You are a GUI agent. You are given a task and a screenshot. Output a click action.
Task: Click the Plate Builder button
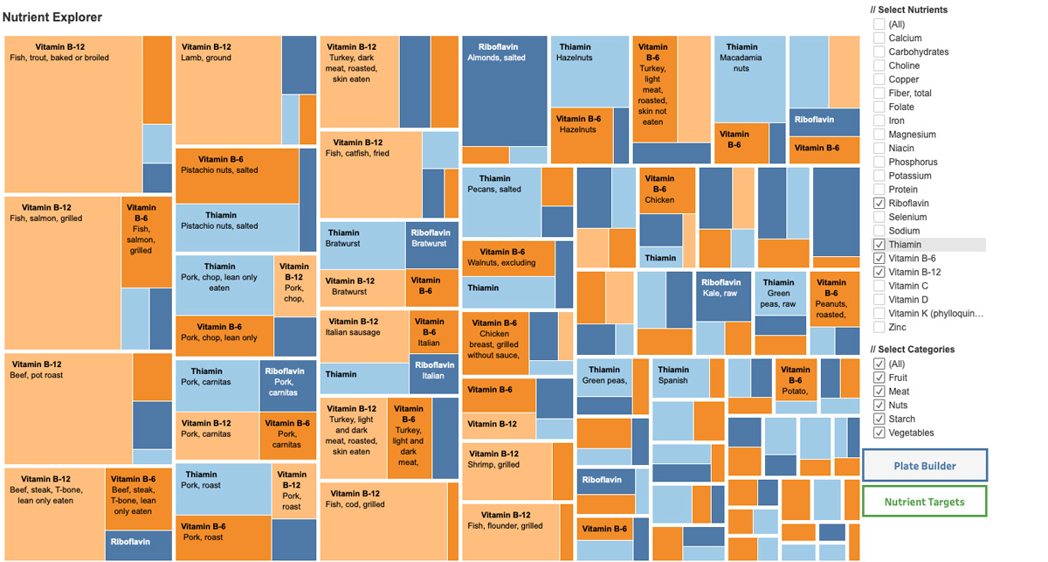pos(925,466)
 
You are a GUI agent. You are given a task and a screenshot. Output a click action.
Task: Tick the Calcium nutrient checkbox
pos(879,38)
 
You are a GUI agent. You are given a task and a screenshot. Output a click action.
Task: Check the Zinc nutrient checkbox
pos(879,327)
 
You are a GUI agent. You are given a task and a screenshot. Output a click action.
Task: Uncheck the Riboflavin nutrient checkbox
pos(879,203)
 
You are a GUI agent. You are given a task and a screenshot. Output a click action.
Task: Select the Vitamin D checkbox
pos(879,300)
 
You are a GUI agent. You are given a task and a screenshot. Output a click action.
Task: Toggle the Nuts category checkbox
pos(879,406)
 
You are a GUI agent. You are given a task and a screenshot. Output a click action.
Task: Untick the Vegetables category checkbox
pos(879,433)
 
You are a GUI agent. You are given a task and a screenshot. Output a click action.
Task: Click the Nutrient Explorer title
pos(52,17)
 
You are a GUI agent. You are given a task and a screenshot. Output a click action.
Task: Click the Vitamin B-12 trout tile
pos(73,114)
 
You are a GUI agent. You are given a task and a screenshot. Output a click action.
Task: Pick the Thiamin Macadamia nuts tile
pos(749,79)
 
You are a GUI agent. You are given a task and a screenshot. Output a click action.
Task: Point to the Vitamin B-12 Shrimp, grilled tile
pos(507,470)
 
